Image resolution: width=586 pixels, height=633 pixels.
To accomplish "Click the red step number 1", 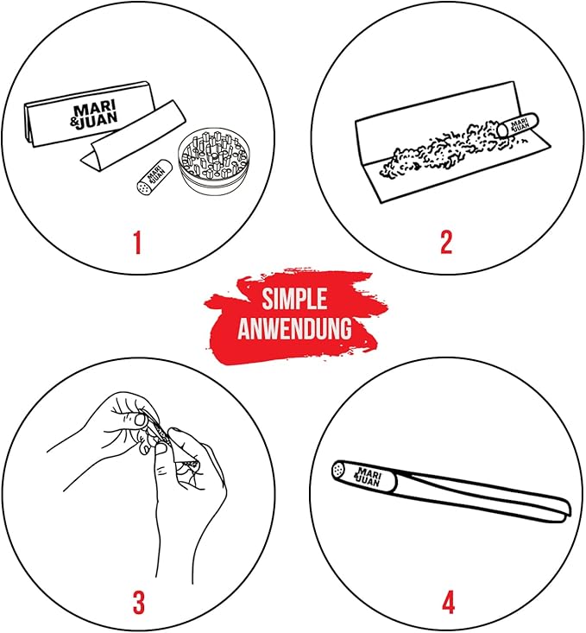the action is point(138,242).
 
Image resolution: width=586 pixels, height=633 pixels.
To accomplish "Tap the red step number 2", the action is point(446,242).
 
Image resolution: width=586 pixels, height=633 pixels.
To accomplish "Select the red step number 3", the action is point(138,603).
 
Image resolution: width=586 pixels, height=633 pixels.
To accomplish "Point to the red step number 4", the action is point(449,603).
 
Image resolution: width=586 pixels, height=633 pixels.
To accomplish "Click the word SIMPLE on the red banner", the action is point(294,299).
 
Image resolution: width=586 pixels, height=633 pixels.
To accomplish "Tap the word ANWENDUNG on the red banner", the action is point(294,328).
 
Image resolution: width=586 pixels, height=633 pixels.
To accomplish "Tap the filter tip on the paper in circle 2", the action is point(518,125).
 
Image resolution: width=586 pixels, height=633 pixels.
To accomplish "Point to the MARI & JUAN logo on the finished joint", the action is point(368,477).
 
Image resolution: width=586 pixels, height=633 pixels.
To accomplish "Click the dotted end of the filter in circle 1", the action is point(143,187).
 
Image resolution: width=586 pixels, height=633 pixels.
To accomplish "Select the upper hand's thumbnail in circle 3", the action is point(140,420).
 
